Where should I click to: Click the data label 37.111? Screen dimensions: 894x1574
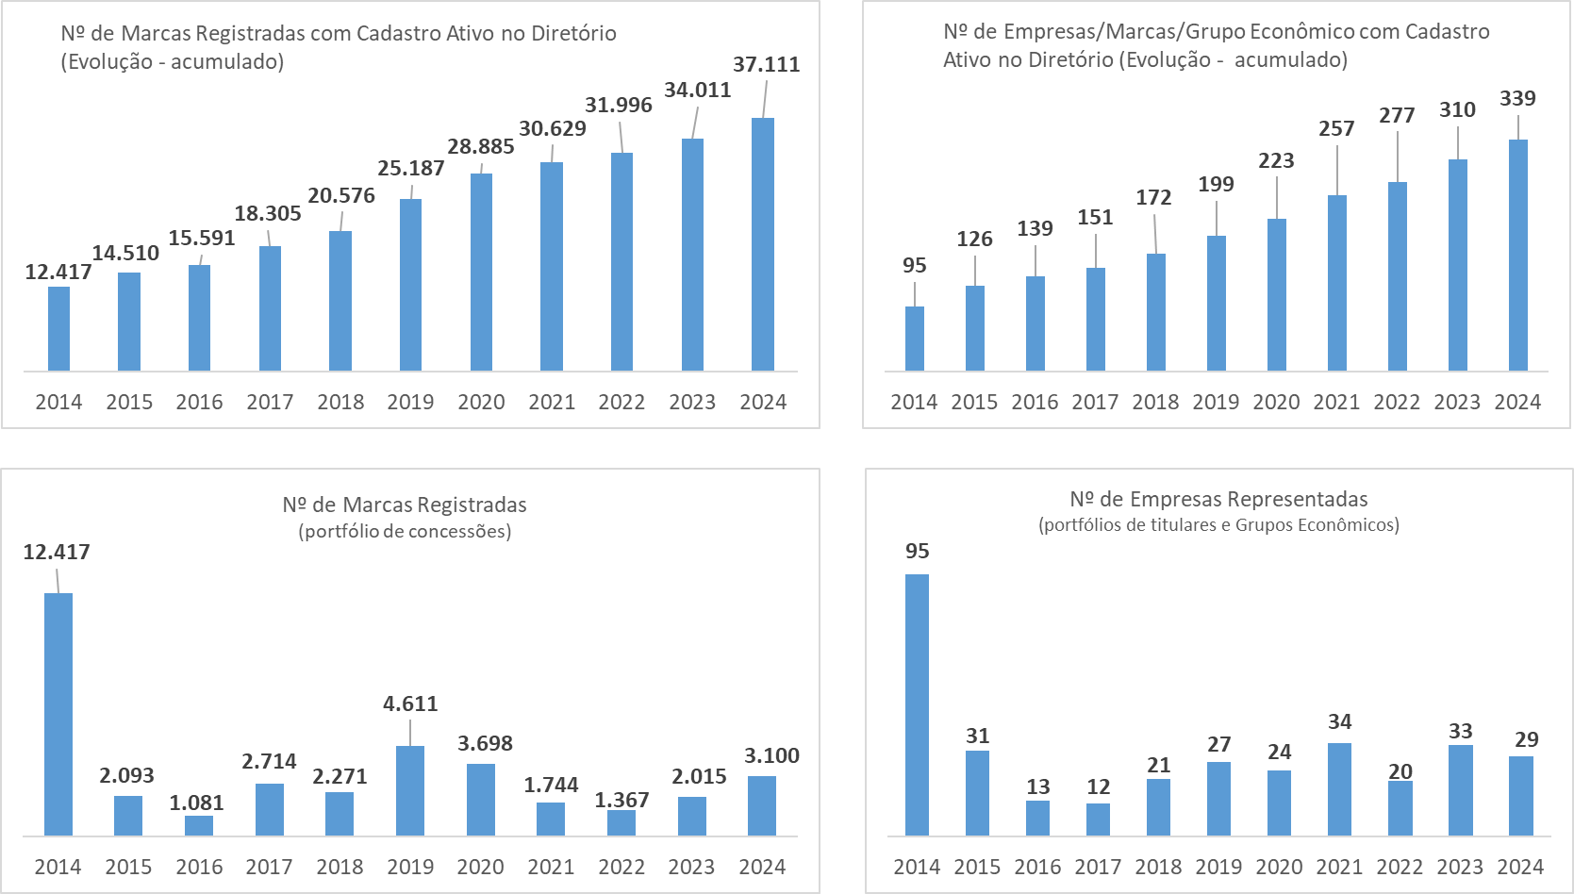(x=766, y=64)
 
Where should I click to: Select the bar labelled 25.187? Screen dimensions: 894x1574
(x=410, y=284)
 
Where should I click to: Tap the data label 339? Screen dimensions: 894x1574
(x=1517, y=98)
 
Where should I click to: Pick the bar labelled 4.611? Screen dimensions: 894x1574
(x=410, y=790)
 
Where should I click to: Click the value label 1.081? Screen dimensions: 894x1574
(x=196, y=803)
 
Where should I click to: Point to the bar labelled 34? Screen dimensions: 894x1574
(x=1339, y=788)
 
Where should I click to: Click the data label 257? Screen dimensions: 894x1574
(x=1336, y=128)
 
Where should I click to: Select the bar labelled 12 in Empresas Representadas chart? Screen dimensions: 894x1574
(x=1098, y=819)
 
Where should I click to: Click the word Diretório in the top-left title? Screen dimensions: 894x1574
(x=573, y=33)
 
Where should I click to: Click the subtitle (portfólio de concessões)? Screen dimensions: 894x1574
(x=405, y=531)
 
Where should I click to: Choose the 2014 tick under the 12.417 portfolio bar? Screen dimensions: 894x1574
(x=58, y=867)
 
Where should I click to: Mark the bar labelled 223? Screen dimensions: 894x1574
(x=1276, y=294)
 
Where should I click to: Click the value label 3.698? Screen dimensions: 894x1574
(x=485, y=743)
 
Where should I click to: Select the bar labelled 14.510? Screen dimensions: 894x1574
(x=129, y=321)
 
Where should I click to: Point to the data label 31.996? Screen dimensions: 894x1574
(x=618, y=105)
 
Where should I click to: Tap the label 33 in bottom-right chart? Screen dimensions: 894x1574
(x=1460, y=731)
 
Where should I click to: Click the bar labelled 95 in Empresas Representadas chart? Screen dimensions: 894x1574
(x=917, y=704)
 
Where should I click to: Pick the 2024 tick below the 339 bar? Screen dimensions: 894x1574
(x=1517, y=402)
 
